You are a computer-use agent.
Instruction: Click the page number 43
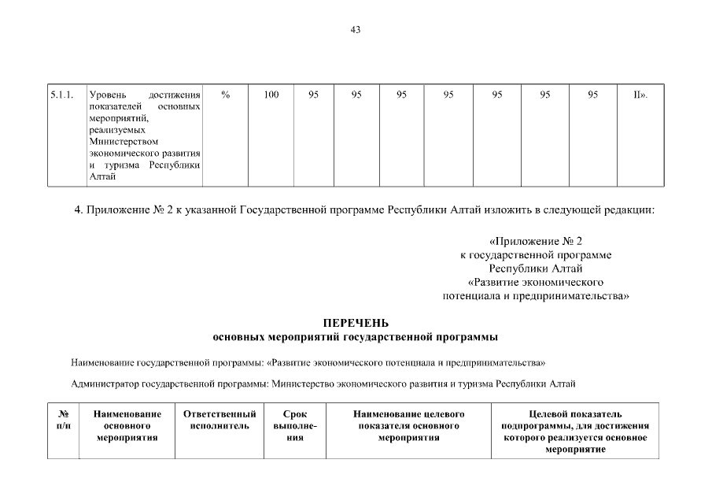click(x=356, y=30)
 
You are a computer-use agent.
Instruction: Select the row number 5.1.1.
click(x=61, y=94)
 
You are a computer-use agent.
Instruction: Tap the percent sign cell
click(x=225, y=94)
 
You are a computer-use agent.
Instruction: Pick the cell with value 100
click(x=271, y=94)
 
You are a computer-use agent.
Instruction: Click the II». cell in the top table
click(x=640, y=94)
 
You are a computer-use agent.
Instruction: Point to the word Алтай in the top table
click(x=103, y=176)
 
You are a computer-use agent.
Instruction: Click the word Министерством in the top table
click(x=118, y=143)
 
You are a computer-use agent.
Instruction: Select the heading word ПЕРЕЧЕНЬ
click(x=356, y=323)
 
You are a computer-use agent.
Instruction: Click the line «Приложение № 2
click(x=535, y=241)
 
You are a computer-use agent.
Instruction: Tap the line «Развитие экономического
click(x=535, y=282)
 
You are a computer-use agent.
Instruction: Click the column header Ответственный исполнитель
click(x=220, y=420)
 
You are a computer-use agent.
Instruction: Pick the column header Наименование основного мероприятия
click(x=127, y=425)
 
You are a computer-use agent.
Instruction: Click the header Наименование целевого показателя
click(x=408, y=425)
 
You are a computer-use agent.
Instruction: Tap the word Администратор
click(x=105, y=384)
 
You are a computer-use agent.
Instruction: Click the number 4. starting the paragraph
click(x=78, y=210)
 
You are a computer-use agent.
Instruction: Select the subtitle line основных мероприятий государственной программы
click(x=356, y=337)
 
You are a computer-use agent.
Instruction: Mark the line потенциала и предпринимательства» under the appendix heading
click(x=535, y=296)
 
